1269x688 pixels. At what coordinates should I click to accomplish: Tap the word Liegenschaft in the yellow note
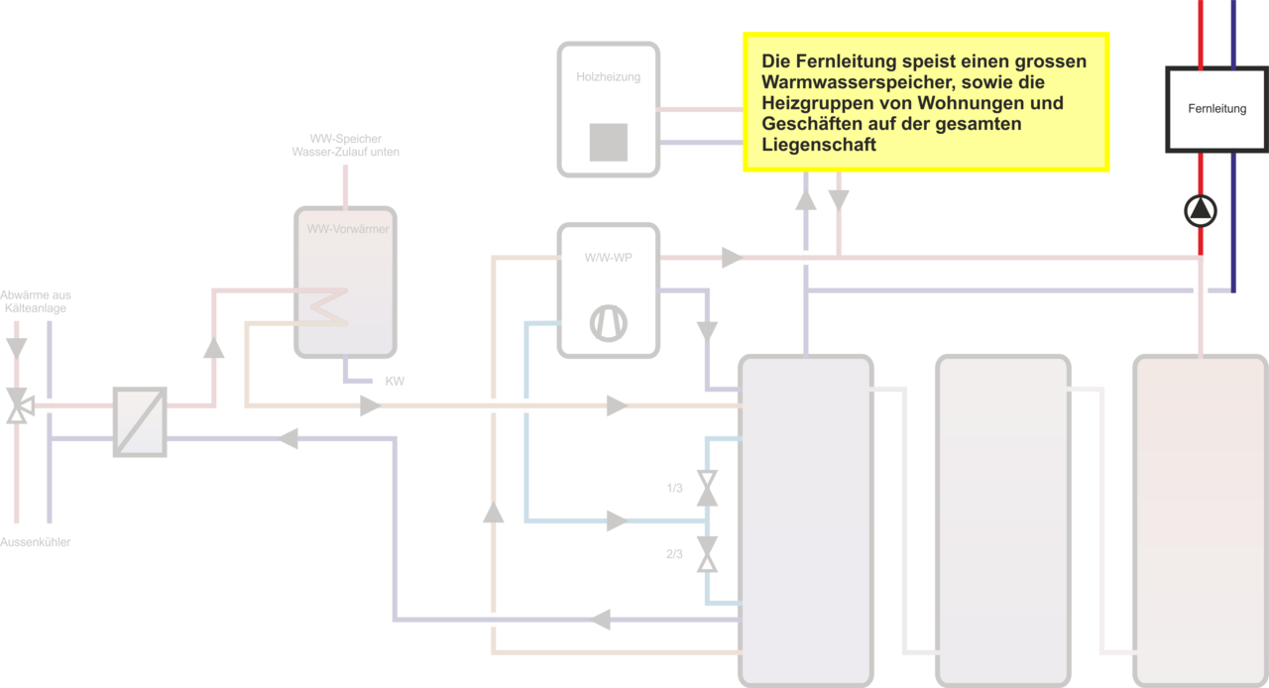pos(819,145)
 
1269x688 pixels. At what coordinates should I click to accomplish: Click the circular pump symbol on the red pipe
pos(1201,210)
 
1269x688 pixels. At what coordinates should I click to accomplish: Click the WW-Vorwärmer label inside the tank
pos(347,229)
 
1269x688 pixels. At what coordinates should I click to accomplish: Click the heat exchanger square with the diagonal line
pos(140,421)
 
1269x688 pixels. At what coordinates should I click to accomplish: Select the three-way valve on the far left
pos(17,404)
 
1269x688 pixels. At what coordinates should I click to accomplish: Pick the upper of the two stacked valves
pos(706,488)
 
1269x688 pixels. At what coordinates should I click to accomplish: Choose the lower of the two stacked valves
pos(706,554)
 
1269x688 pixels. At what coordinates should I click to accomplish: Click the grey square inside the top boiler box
pos(608,142)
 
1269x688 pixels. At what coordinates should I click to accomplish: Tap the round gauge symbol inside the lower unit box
pos(609,323)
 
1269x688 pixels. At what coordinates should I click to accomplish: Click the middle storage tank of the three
pos(1002,520)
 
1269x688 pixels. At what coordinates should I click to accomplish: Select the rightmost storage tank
pos(1200,520)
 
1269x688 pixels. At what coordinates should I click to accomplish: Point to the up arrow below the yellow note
pos(807,199)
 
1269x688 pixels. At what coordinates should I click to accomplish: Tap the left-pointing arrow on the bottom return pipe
pos(602,621)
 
